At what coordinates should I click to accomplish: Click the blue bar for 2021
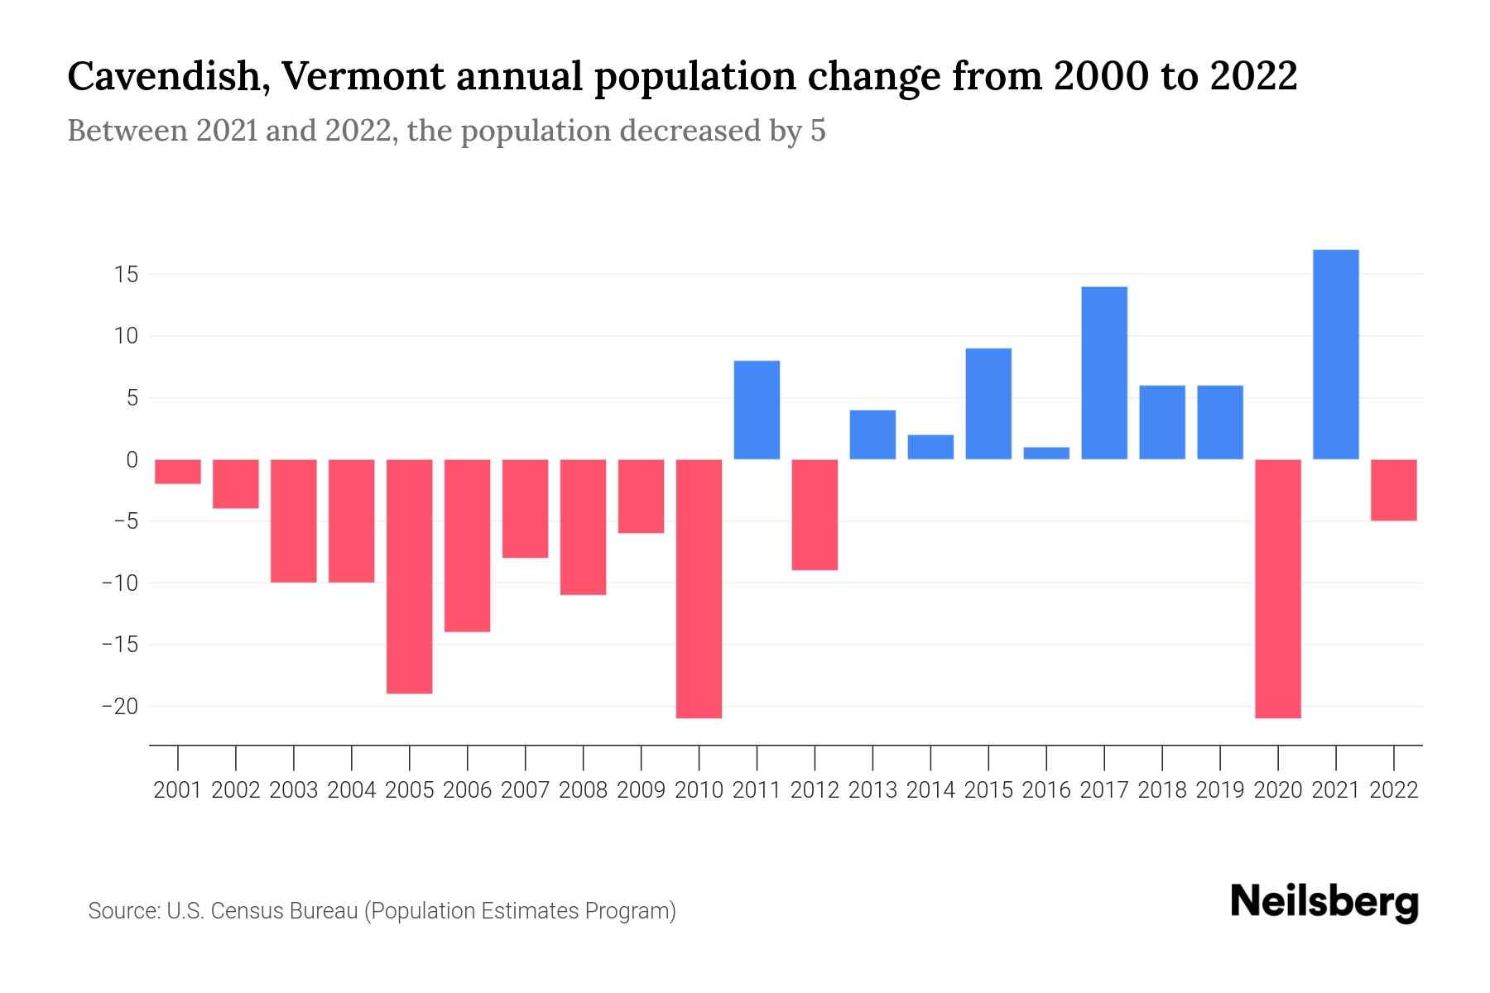1335,354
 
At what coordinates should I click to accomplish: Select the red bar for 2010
699,588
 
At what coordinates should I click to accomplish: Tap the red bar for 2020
1277,588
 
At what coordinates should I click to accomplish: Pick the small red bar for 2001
178,472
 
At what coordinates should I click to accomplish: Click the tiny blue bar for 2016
1046,453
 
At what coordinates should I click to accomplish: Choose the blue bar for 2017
1103,372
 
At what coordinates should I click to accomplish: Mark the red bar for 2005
409,576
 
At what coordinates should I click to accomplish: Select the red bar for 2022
1393,490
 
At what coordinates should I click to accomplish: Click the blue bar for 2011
757,410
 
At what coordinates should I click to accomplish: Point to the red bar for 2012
815,515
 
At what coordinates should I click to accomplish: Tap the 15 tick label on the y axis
125,275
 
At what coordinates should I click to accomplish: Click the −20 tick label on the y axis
119,707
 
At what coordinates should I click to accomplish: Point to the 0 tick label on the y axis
132,460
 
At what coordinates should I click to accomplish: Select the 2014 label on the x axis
930,790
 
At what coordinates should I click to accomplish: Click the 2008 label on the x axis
583,790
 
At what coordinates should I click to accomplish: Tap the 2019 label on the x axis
1219,790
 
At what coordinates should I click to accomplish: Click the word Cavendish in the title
161,77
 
